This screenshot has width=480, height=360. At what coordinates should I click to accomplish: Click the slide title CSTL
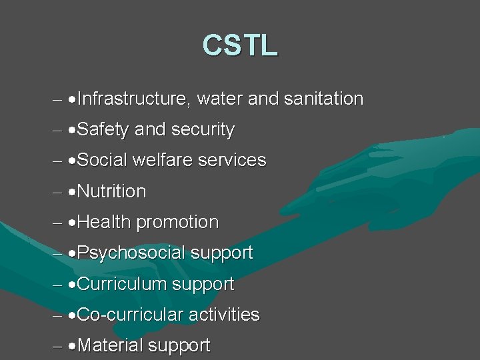pyautogui.click(x=240, y=45)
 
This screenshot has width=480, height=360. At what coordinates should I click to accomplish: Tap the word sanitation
pyautogui.click(x=323, y=99)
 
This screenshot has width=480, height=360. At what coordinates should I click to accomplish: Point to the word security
pyautogui.click(x=203, y=130)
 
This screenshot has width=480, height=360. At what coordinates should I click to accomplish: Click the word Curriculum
pyautogui.click(x=125, y=284)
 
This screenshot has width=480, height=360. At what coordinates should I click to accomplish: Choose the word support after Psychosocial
pyautogui.click(x=222, y=253)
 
